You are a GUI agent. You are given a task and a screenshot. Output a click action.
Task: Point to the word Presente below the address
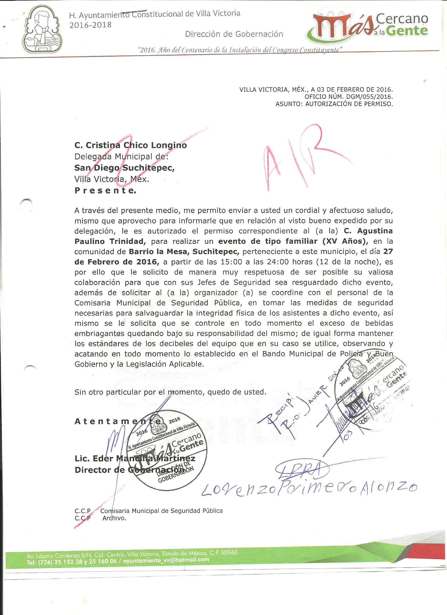pos(105,191)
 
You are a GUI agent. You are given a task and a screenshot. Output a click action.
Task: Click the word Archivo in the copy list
pos(114,518)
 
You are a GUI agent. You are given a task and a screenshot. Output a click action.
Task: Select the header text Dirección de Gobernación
pos(234,34)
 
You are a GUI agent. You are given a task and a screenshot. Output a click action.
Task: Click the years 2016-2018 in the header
pos(90,25)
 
